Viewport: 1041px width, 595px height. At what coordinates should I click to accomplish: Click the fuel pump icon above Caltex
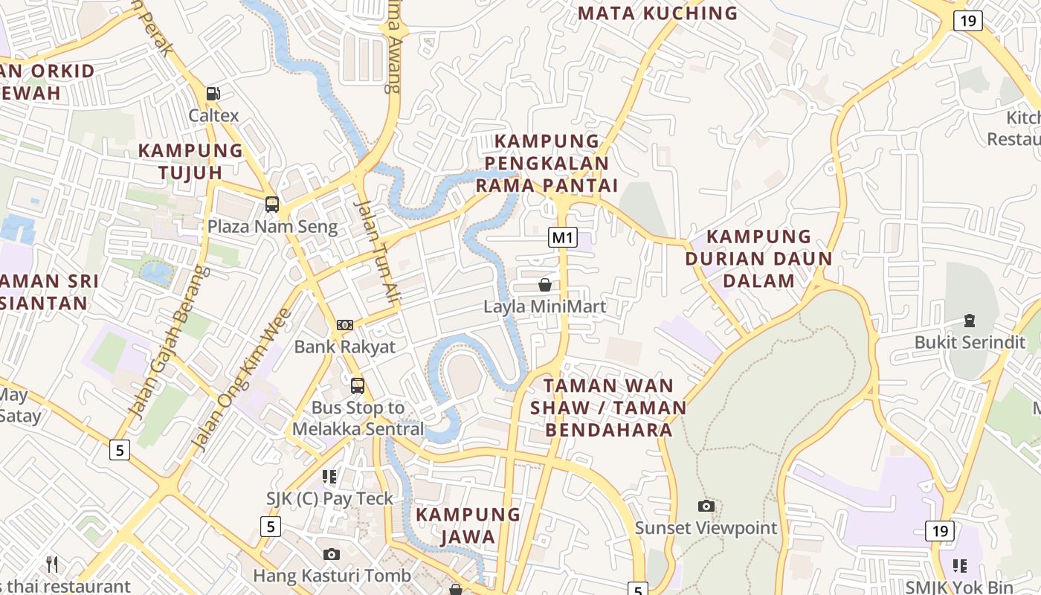pos(213,94)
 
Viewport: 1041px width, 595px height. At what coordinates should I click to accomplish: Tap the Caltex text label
pos(213,115)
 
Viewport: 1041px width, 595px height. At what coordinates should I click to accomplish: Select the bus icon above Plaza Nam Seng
pos(272,205)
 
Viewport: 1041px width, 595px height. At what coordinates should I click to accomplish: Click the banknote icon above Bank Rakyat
pos(344,325)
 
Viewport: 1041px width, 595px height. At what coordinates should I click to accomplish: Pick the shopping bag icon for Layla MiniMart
pos(545,285)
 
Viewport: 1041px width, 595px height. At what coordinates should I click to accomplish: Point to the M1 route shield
pos(563,237)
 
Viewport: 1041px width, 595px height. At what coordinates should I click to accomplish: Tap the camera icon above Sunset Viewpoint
pos(706,506)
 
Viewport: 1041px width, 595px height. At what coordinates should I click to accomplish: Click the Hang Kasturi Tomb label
pos(332,576)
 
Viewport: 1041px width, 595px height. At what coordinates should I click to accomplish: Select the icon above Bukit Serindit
pos(969,321)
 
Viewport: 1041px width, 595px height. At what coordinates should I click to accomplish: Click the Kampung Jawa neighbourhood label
pos(468,525)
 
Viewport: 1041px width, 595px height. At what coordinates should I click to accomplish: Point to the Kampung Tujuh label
pos(190,161)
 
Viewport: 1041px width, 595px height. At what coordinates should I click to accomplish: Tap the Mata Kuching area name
pos(657,13)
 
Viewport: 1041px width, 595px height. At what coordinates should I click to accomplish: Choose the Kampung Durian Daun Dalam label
pos(758,258)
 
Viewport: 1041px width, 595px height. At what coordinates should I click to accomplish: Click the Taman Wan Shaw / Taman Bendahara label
pos(609,408)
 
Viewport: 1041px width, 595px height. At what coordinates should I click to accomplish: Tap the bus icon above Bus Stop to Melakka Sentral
pos(358,386)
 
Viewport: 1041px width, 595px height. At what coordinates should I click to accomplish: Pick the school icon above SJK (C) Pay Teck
pos(329,476)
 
